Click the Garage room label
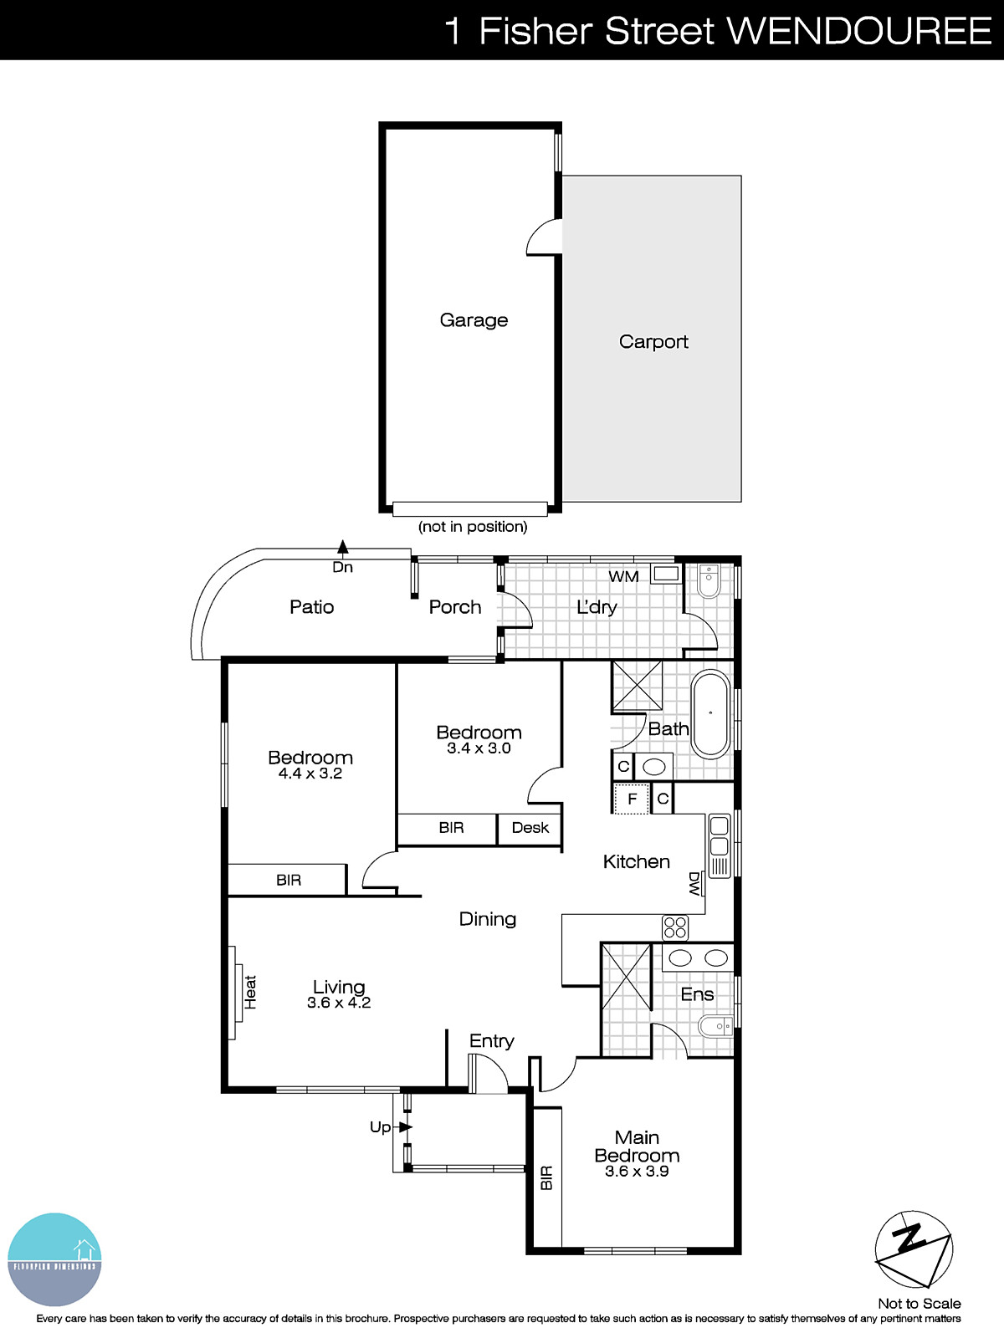coord(474,320)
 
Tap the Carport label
coord(653,341)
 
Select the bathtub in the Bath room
coord(710,713)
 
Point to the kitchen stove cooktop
coord(675,927)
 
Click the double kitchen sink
coord(719,836)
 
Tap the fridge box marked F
coord(632,799)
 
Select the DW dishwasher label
coord(694,884)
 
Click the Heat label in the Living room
coord(250,992)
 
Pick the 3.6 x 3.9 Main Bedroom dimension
coord(637,1172)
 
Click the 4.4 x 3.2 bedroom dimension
coord(310,774)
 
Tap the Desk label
coord(530,828)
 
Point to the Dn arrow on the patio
coord(342,548)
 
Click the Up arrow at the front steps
coord(405,1127)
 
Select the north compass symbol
coord(913,1249)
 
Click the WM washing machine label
coord(623,576)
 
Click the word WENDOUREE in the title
coord(860,31)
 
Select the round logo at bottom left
coord(54,1259)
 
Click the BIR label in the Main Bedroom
coord(546,1178)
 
